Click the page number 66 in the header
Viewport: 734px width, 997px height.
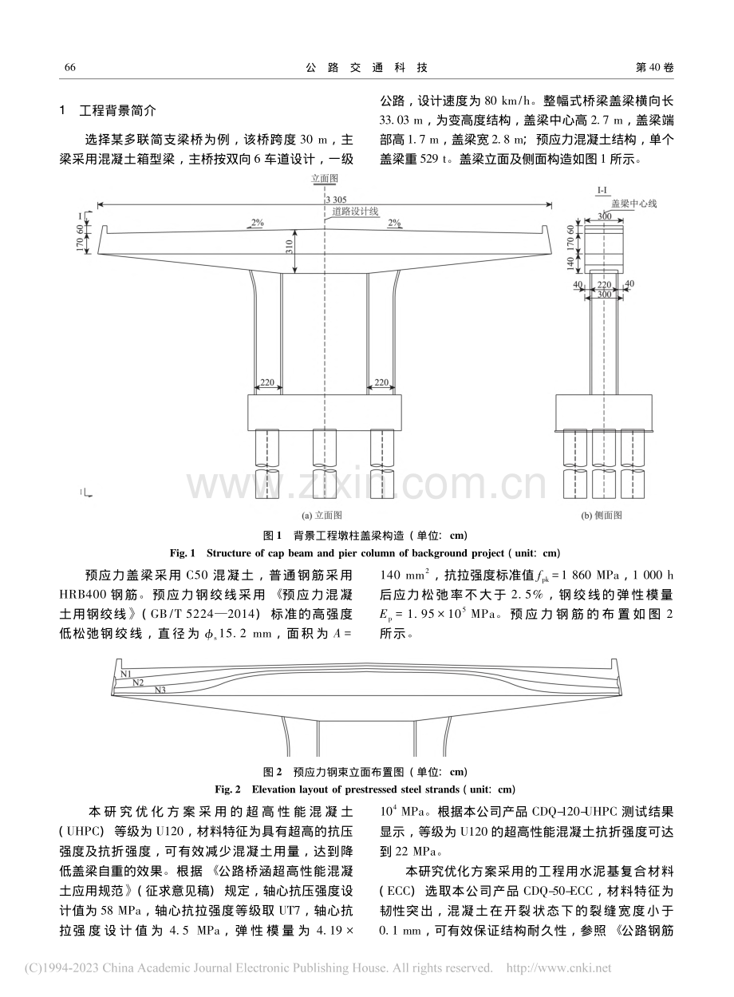pyautogui.click(x=70, y=67)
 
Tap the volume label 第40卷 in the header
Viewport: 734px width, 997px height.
pyautogui.click(x=654, y=67)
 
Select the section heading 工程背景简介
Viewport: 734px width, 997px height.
pyautogui.click(x=118, y=110)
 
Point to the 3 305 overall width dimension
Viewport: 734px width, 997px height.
pyautogui.click(x=336, y=200)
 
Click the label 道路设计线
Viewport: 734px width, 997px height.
pyautogui.click(x=356, y=212)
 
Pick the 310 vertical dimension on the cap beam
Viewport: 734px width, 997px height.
pyautogui.click(x=289, y=247)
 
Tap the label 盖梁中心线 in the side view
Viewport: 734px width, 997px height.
pyautogui.click(x=634, y=204)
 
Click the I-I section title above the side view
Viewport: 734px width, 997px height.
pyautogui.click(x=602, y=191)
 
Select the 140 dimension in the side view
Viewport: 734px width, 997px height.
pyautogui.click(x=570, y=263)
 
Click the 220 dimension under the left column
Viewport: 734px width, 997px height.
pyautogui.click(x=267, y=382)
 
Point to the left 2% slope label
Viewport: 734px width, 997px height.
pyautogui.click(x=258, y=223)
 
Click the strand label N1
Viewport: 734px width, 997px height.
pyautogui.click(x=126, y=675)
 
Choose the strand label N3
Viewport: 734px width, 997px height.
pyautogui.click(x=160, y=690)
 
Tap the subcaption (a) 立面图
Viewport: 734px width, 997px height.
pyautogui.click(x=322, y=516)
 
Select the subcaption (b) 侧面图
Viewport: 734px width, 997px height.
pyautogui.click(x=602, y=516)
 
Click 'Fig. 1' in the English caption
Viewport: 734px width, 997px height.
pyautogui.click(x=183, y=553)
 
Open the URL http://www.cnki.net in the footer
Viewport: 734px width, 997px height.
pyautogui.click(x=559, y=967)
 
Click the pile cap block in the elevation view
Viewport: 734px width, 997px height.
pyautogui.click(x=325, y=413)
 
